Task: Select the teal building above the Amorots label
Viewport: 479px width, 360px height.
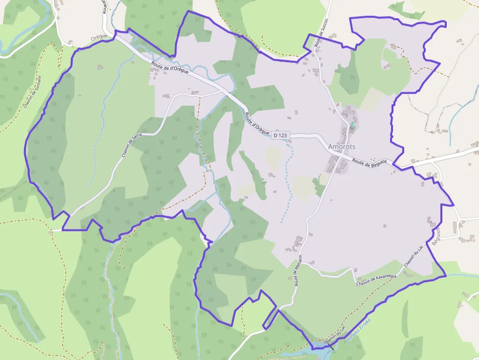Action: coord(351,125)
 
